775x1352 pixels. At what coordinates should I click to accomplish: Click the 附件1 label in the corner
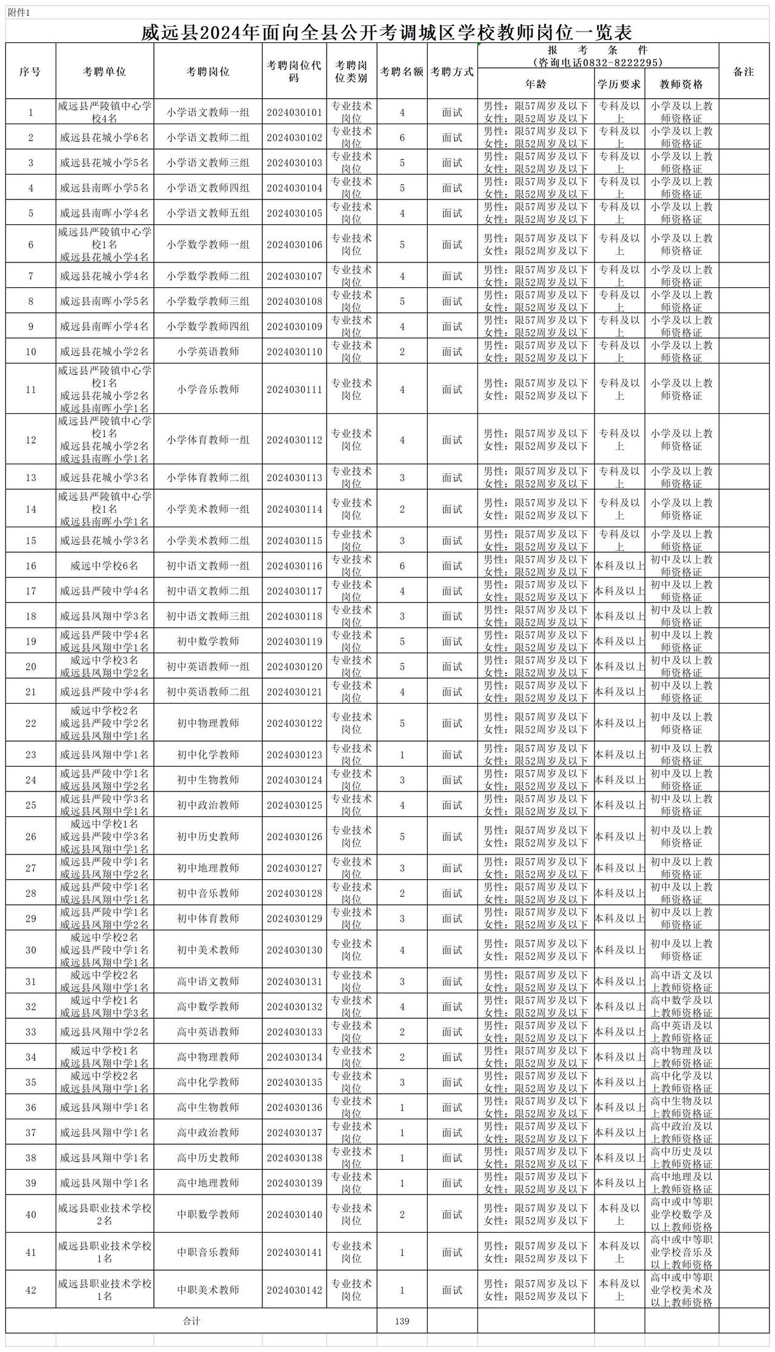click(19, 13)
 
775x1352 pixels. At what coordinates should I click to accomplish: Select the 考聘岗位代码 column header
click(294, 72)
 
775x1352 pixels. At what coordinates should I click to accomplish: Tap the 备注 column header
click(743, 72)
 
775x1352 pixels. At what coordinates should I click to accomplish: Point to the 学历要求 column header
click(619, 84)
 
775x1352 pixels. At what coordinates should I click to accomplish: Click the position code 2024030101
click(294, 113)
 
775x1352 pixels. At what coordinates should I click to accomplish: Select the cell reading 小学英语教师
click(208, 351)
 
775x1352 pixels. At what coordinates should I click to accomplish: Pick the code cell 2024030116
click(294, 566)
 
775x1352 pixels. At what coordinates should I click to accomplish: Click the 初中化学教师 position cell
click(208, 754)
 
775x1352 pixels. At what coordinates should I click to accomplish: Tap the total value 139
click(402, 1321)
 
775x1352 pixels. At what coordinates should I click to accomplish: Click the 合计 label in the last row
click(191, 1321)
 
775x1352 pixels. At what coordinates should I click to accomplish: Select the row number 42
click(31, 1290)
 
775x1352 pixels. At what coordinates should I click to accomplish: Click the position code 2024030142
click(294, 1290)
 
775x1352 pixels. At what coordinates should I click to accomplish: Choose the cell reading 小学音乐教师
click(208, 389)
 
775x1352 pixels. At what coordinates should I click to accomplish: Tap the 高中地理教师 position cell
click(208, 1183)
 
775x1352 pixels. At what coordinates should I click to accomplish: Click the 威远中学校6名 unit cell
click(104, 566)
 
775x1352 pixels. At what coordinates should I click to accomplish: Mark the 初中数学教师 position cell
click(208, 641)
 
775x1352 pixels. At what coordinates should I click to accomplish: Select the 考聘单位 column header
click(104, 72)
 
